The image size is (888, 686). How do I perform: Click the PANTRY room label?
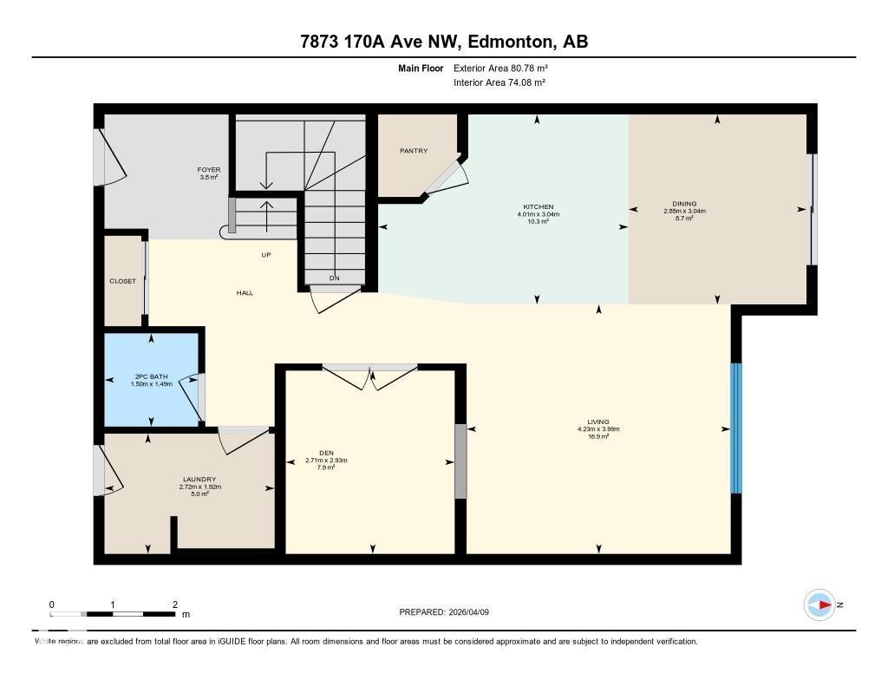tap(414, 151)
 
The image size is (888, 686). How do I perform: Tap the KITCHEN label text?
tap(538, 207)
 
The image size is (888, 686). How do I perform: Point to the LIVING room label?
tap(597, 421)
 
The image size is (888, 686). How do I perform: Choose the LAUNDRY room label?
tap(199, 480)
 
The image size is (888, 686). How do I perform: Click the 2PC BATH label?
tap(151, 376)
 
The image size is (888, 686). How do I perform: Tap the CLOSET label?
tap(122, 281)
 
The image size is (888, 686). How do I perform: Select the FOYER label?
tap(209, 170)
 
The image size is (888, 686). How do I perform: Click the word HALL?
tap(245, 293)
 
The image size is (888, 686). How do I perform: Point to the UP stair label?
tap(267, 255)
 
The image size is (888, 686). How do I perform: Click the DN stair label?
tap(334, 278)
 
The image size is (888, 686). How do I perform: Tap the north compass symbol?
tap(820, 604)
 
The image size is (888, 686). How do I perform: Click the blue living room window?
tap(736, 428)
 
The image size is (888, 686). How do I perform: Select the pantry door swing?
tap(451, 176)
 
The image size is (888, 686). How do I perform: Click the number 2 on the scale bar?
tap(175, 604)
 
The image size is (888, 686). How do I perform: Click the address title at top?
tap(444, 42)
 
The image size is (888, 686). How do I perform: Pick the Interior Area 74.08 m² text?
tap(499, 82)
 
